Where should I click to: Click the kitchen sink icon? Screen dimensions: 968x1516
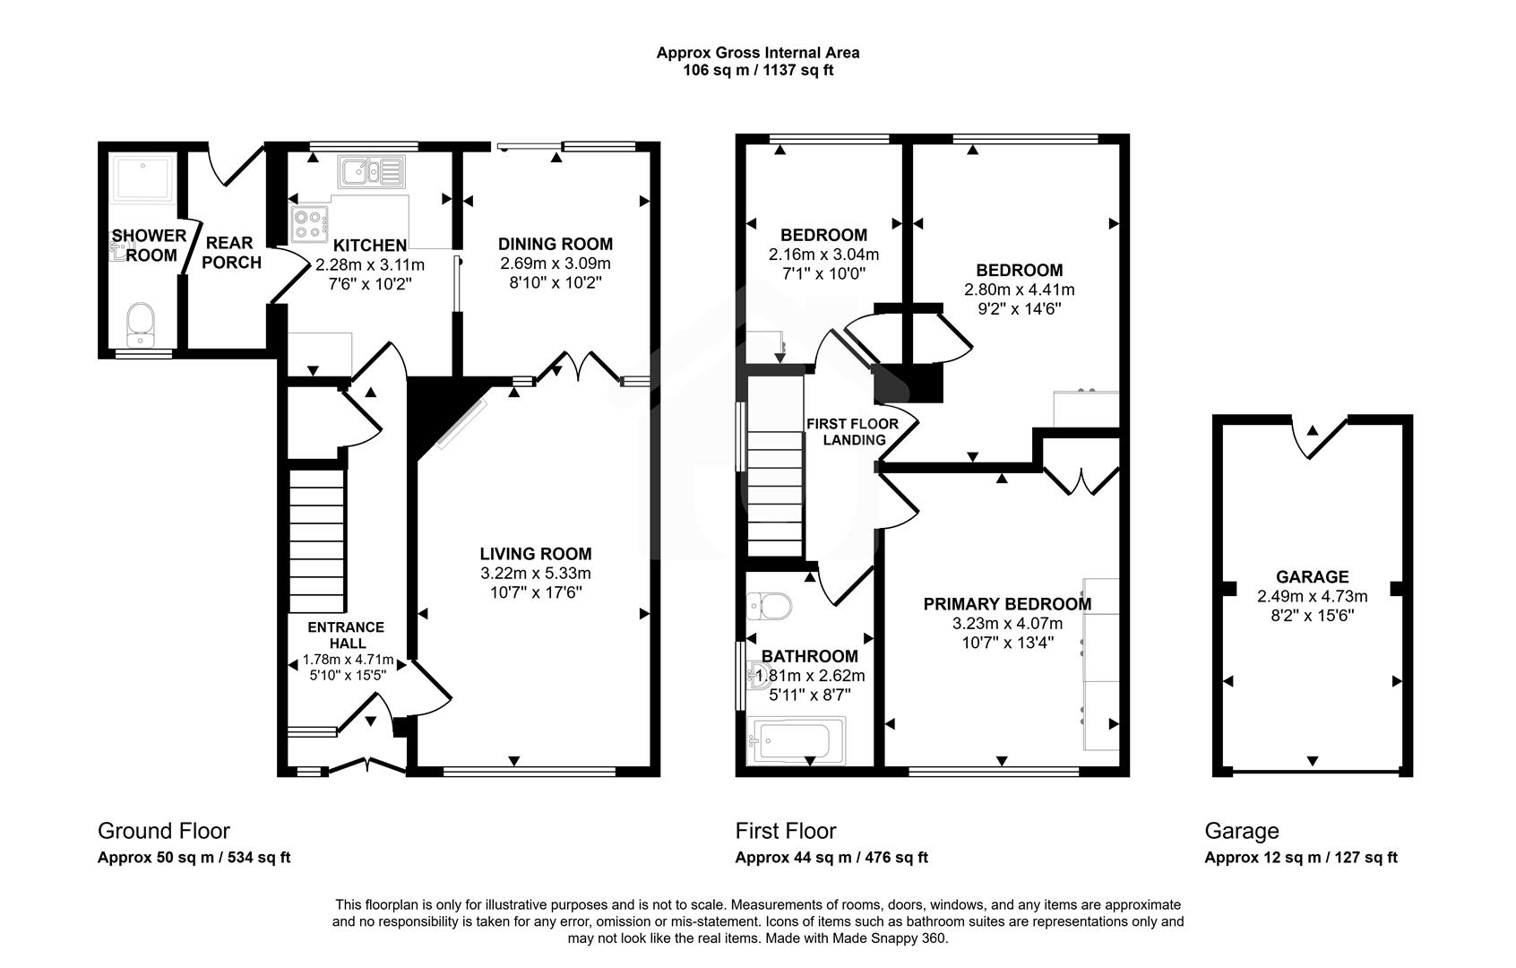[372, 170]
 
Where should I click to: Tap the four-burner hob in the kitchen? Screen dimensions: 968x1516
[309, 223]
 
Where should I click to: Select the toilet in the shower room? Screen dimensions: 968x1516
[141, 324]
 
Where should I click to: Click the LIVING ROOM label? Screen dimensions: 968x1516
[535, 554]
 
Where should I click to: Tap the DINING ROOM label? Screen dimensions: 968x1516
[556, 244]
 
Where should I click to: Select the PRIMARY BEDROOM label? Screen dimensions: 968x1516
[1007, 604]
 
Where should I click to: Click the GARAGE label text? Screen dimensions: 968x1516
[1313, 577]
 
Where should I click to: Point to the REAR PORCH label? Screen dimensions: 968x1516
[230, 253]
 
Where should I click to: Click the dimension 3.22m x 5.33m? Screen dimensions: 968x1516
[535, 574]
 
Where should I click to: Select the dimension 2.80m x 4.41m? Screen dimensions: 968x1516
[1019, 290]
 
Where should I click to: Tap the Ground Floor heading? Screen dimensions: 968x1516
[163, 831]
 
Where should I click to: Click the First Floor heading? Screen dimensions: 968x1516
[786, 831]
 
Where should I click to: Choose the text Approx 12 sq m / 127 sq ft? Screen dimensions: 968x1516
[1300, 858]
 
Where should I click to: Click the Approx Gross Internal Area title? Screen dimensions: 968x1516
[757, 53]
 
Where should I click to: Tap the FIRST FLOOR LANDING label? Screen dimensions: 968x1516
[845, 431]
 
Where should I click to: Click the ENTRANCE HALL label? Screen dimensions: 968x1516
[347, 635]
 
